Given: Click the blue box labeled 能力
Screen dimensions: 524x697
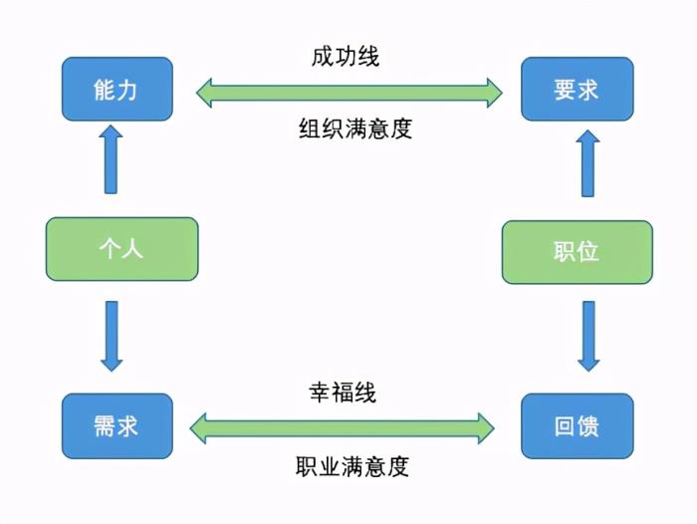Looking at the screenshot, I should (x=117, y=89).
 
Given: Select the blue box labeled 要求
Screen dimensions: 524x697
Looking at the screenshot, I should (x=576, y=89).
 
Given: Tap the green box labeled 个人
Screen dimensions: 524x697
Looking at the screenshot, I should (x=121, y=248).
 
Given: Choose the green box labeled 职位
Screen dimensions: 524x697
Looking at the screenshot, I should (x=577, y=250).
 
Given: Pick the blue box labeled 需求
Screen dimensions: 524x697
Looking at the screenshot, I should (x=117, y=426).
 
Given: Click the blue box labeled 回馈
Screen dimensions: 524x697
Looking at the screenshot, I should (x=577, y=427).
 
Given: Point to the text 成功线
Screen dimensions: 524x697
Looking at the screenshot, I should (x=346, y=56).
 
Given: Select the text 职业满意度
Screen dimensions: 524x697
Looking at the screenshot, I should (x=352, y=465).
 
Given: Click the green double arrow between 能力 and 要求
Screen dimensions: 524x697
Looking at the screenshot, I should (x=348, y=93).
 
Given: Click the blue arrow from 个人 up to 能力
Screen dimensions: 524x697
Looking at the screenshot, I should (x=111, y=158).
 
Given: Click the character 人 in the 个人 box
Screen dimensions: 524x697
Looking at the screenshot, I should (x=133, y=248).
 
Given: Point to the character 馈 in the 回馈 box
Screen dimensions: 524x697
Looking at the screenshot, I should (x=588, y=427).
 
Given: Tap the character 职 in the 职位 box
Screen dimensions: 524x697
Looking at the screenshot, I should (x=565, y=250).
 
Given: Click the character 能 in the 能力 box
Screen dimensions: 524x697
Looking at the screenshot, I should (x=106, y=89).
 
